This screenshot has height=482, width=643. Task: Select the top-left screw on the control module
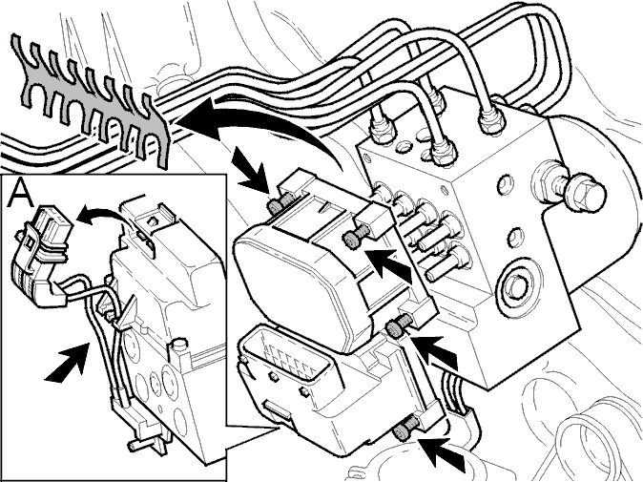pyautogui.click(x=275, y=204)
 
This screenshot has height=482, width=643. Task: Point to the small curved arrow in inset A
pyautogui.click(x=100, y=216)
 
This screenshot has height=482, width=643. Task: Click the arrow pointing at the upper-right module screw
pyautogui.click(x=388, y=266)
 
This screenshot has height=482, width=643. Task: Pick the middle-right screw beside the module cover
pyautogui.click(x=397, y=325)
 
